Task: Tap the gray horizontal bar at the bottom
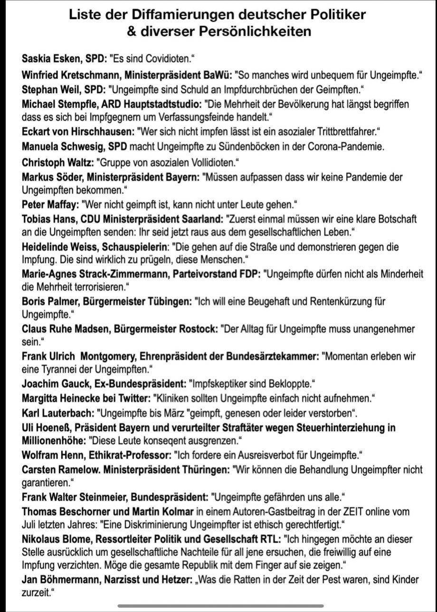tap(220, 606)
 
